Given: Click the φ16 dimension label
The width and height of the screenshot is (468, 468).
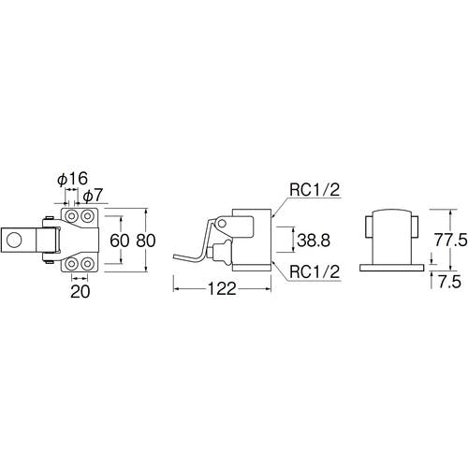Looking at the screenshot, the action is point(73,179).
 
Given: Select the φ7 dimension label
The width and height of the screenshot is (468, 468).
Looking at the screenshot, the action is point(93,196).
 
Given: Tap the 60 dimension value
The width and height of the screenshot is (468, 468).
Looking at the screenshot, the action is point(119,241).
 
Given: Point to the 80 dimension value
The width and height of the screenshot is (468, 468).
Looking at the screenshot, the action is point(146,241).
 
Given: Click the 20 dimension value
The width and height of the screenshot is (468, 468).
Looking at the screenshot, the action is point(80,291).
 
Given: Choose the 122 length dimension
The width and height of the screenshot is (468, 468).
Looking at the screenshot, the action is point(222,289).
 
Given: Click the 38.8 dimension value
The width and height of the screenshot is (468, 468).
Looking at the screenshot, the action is point(314,241).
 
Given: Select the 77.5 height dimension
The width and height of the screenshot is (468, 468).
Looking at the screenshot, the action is point(451,241).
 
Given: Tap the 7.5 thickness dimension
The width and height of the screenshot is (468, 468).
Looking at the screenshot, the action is point(449,282).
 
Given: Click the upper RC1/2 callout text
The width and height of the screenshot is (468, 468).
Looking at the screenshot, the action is point(314,190).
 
